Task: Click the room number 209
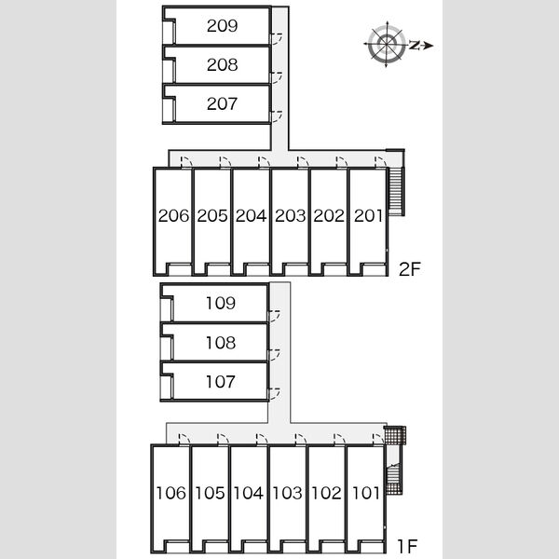click(222, 26)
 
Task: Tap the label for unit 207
click(222, 103)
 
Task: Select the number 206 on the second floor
click(173, 216)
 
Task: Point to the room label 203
click(290, 216)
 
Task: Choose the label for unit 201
click(368, 216)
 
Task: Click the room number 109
click(221, 303)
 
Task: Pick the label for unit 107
click(221, 381)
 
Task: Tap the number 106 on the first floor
click(171, 493)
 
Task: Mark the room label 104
click(249, 493)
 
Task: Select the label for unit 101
click(366, 493)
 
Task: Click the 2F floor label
click(410, 269)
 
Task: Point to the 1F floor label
click(407, 545)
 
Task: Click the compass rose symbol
click(387, 44)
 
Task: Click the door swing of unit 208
click(277, 77)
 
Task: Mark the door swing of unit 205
click(225, 161)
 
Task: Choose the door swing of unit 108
click(274, 355)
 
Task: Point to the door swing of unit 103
click(301, 439)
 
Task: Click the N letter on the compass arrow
click(414, 45)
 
